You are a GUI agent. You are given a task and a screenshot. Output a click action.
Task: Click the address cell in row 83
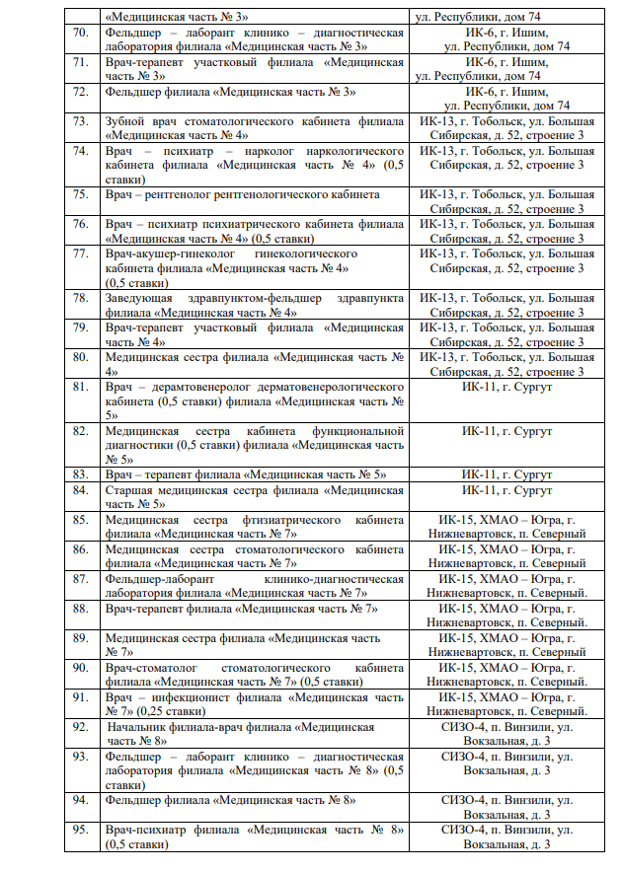point(506,474)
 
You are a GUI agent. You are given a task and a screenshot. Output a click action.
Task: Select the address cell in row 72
point(506,98)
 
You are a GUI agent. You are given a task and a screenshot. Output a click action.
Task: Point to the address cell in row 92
point(506,733)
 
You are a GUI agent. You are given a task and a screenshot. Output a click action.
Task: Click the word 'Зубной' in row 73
point(126,121)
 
